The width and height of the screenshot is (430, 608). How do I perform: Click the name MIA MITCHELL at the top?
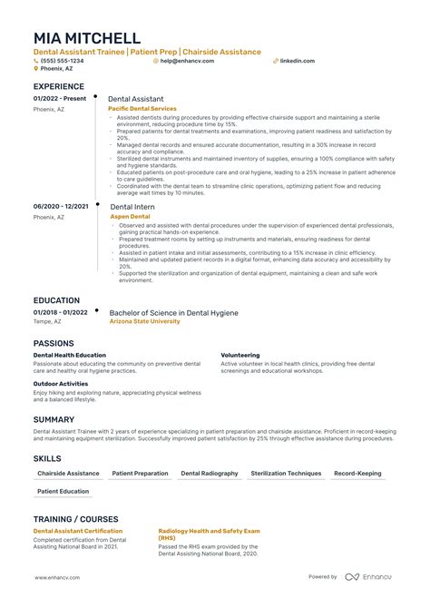pos(87,38)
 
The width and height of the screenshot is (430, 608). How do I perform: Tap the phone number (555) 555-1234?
pos(64,61)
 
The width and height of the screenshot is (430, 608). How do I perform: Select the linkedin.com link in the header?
pos(298,61)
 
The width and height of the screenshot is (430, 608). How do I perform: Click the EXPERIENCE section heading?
pos(59,86)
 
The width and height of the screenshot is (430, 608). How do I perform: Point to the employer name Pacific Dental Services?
pos(142,108)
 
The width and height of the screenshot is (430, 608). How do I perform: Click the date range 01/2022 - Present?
pos(60,98)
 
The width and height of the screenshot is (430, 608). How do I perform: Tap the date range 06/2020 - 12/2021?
pos(61,207)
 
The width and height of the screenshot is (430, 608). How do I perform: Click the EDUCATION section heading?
pos(56,299)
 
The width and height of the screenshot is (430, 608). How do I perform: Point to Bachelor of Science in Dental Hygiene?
pos(173,312)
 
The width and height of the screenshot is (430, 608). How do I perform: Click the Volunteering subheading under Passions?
pos(240,355)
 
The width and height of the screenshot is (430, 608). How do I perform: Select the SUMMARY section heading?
pos(54,419)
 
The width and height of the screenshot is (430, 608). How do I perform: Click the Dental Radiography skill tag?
pos(210,474)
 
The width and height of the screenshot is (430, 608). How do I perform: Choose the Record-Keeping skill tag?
pos(357,474)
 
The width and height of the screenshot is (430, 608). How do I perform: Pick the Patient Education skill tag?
pos(64,492)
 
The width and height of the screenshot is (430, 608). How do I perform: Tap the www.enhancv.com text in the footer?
pos(58,576)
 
